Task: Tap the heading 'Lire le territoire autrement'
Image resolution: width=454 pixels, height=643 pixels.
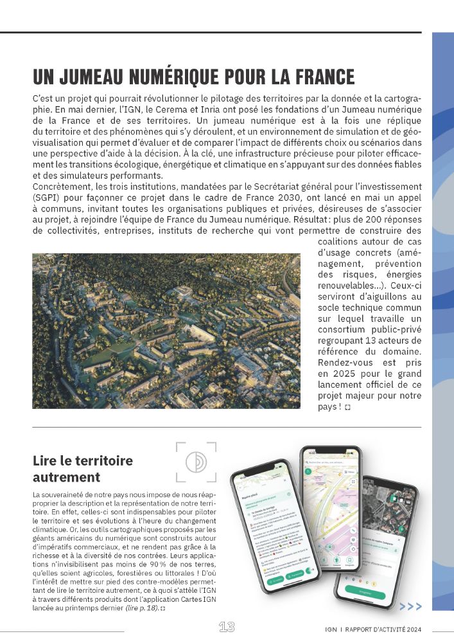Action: click(x=82, y=469)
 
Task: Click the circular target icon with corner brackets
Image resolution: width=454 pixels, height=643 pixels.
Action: click(x=195, y=462)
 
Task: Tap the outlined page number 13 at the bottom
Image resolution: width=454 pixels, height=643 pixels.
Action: click(x=227, y=627)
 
